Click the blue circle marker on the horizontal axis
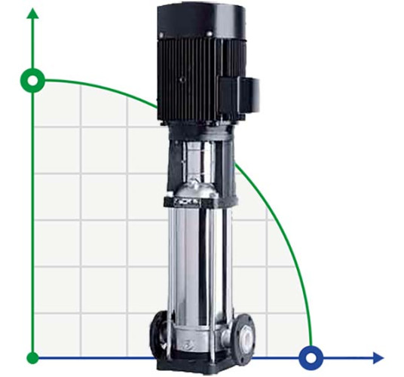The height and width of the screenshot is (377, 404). pyautogui.click(x=309, y=357)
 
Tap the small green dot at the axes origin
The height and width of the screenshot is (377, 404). pyautogui.click(x=32, y=357)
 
